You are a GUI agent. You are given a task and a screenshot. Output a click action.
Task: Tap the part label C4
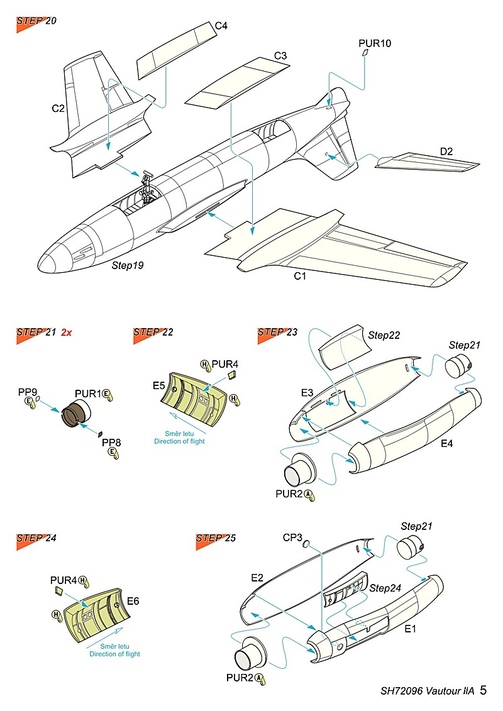click(221, 26)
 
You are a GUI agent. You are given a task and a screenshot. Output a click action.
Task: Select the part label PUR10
click(375, 43)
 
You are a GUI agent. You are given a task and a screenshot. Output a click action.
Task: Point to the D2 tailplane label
click(446, 151)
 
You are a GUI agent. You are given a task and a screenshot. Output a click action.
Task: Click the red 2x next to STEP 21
click(67, 333)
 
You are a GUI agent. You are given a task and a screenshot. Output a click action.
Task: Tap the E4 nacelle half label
click(446, 443)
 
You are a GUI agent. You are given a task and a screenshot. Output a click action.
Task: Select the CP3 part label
click(293, 538)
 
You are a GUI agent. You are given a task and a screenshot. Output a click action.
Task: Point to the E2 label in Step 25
click(257, 577)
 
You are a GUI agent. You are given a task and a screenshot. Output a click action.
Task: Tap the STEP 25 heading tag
click(215, 539)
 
